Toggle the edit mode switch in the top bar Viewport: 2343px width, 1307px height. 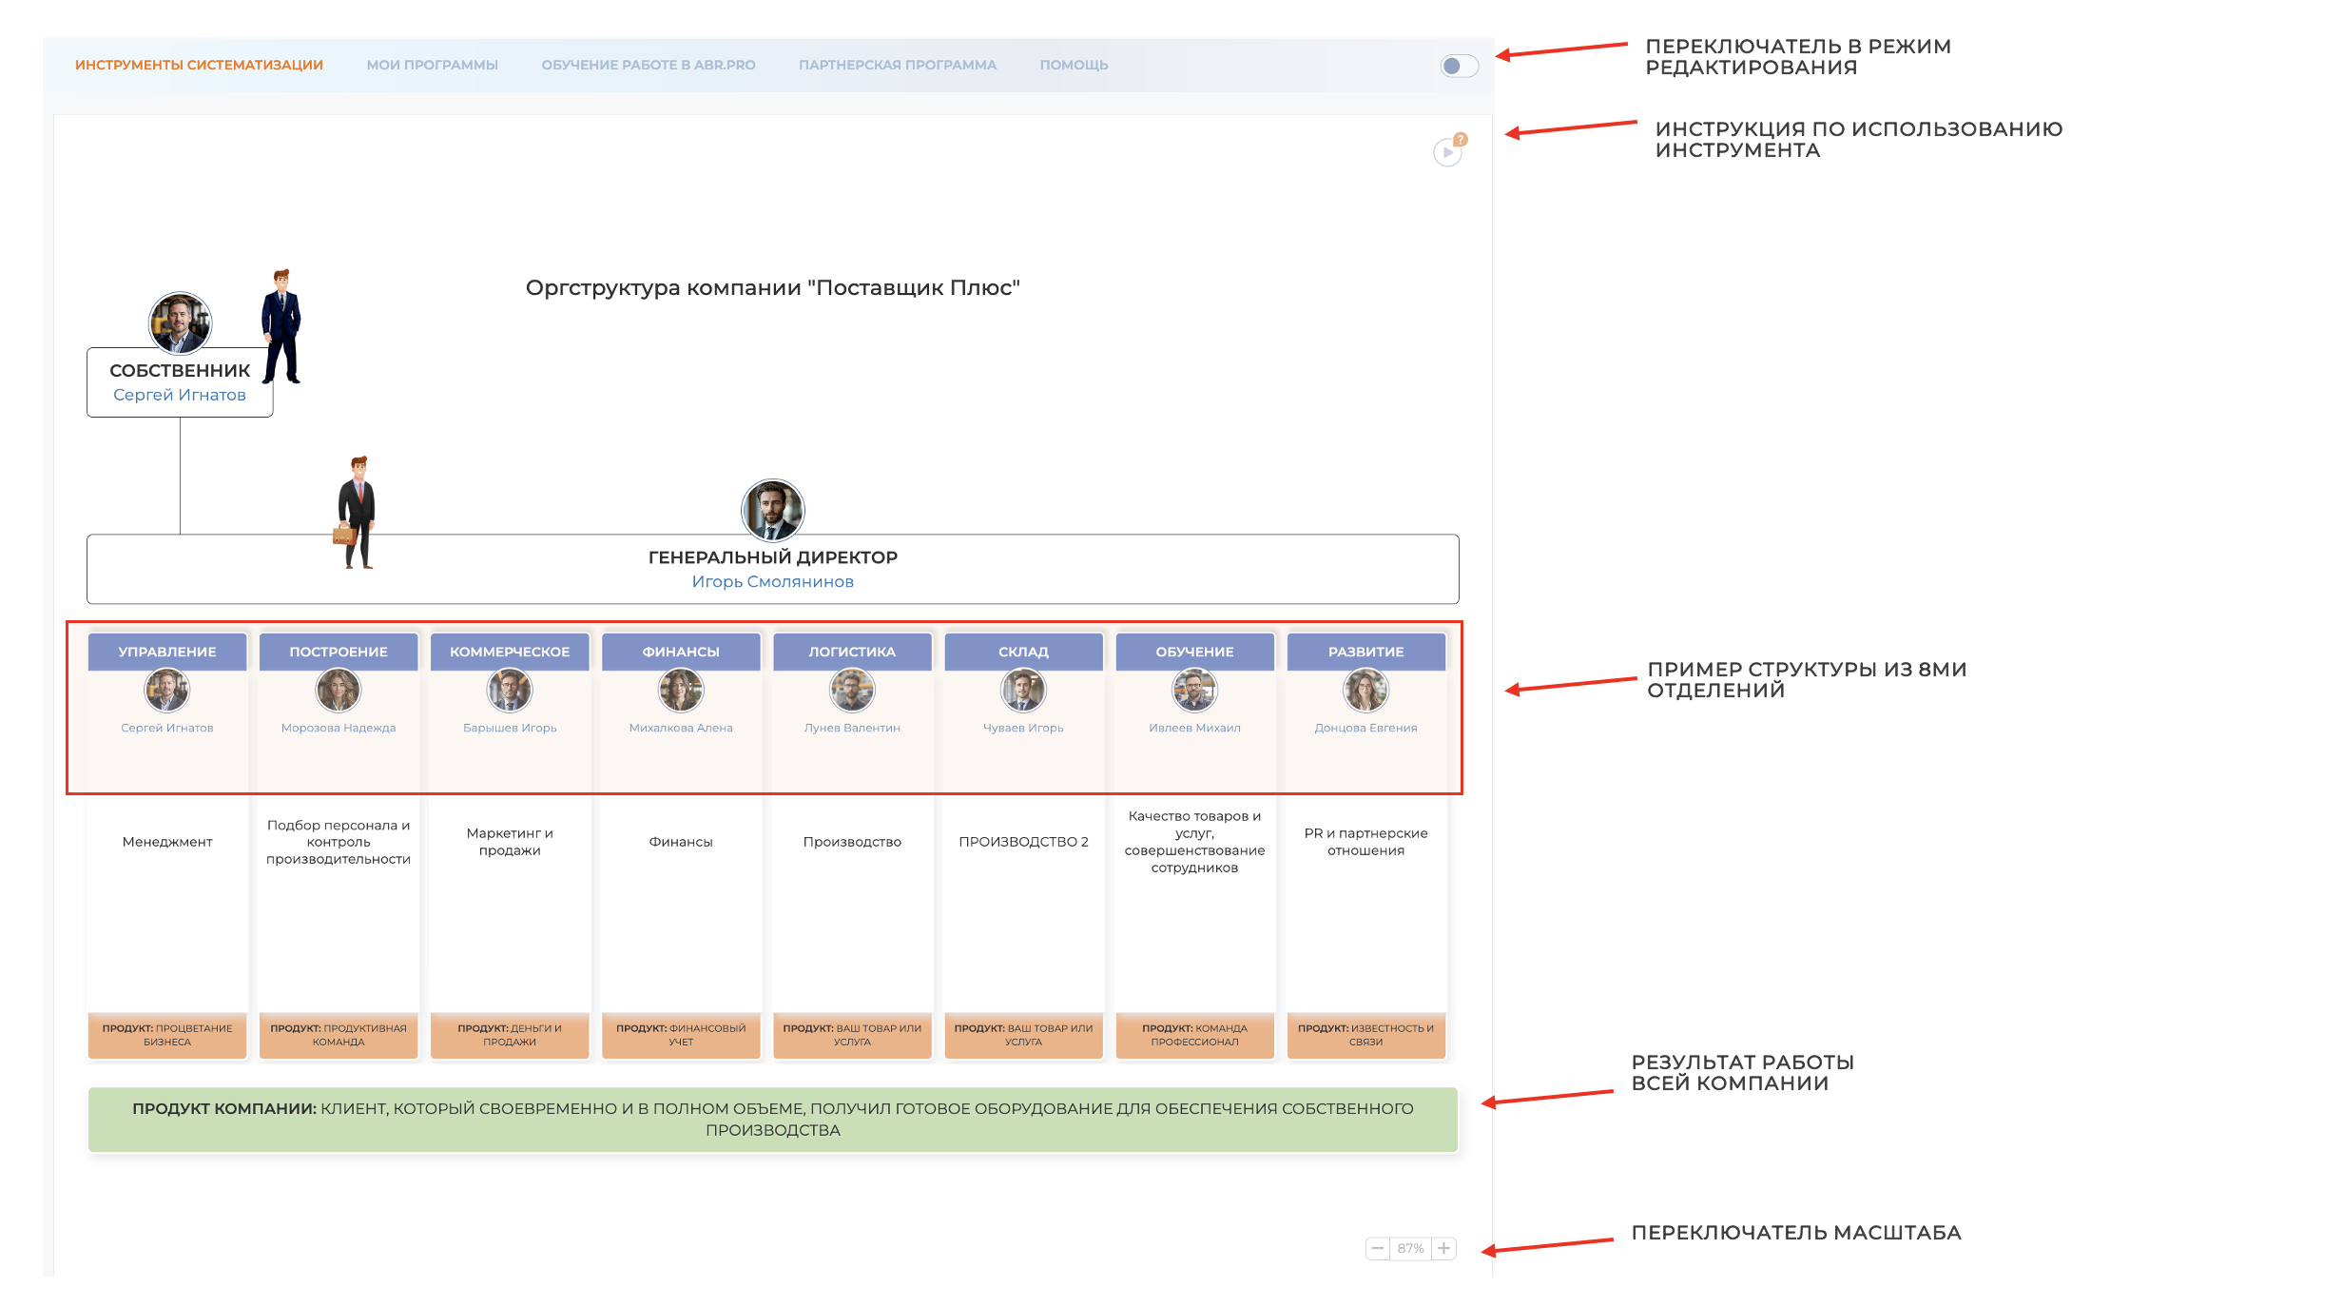(1458, 66)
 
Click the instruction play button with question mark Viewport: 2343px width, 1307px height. (1447, 152)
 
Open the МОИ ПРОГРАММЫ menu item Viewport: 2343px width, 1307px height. (432, 65)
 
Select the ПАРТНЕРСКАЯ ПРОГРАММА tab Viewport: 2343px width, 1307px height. (897, 65)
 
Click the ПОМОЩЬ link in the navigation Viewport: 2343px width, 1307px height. (1074, 65)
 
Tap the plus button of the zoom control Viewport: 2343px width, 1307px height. (1443, 1248)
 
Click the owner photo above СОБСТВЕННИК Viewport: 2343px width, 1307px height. (180, 322)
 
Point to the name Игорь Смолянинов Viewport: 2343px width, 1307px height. (772, 581)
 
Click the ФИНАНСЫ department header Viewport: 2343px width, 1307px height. (681, 652)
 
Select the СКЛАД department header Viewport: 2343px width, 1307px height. (1023, 652)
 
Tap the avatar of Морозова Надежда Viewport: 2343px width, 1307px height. (339, 690)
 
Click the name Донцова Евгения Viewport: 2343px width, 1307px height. (1365, 728)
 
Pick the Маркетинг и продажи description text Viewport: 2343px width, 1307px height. (510, 842)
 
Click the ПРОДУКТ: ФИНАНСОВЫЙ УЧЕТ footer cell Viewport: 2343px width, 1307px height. (681, 1035)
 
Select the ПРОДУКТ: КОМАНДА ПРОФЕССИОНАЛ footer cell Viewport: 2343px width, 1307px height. (1194, 1035)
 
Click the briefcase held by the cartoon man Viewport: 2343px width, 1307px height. (343, 535)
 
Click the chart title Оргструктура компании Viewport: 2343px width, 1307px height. (772, 287)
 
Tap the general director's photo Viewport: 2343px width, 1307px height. (772, 510)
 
